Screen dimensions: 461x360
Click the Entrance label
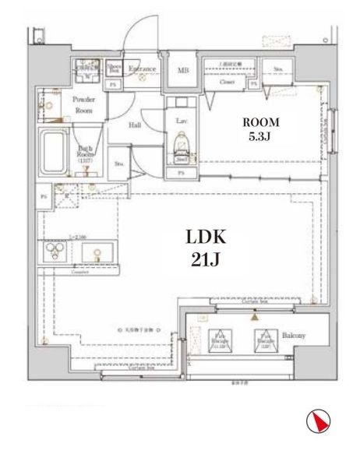pos(144,69)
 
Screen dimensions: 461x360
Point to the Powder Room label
pos(83,104)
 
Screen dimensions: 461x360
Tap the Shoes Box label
pos(114,69)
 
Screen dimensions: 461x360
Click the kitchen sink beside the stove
pos(98,253)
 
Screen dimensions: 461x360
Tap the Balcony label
pos(293,336)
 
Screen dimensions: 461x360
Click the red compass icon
pos(315,421)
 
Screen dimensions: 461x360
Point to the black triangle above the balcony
pos(253,316)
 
